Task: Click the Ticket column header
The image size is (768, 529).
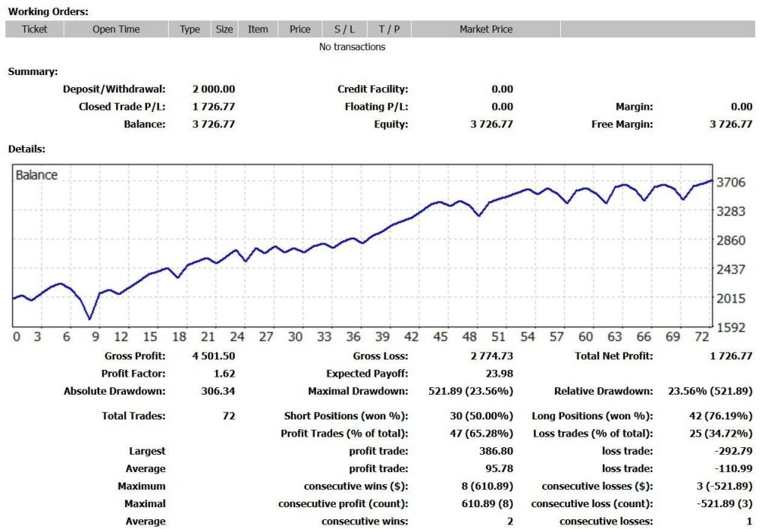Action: (x=34, y=29)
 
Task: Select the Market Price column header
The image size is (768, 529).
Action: (x=486, y=29)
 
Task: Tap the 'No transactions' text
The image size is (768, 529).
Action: (x=352, y=47)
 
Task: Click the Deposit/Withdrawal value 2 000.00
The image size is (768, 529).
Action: (x=213, y=89)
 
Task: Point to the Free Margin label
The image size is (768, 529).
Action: (x=622, y=125)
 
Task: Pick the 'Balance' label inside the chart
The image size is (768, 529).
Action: (x=37, y=175)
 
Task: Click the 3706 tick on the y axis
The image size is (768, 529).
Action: (x=730, y=182)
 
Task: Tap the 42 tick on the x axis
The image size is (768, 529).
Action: (x=411, y=337)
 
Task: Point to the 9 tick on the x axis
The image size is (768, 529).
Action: (x=93, y=337)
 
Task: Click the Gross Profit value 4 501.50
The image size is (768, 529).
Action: (x=213, y=356)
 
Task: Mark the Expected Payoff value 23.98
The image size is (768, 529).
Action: (x=499, y=374)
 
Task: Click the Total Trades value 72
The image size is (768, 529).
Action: (x=228, y=416)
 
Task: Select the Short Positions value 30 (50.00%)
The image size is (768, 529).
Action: (x=481, y=416)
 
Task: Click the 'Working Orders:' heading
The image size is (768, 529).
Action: (x=48, y=11)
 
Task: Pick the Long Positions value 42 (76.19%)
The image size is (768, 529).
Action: (x=721, y=416)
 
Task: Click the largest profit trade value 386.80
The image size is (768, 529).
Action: (x=496, y=452)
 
